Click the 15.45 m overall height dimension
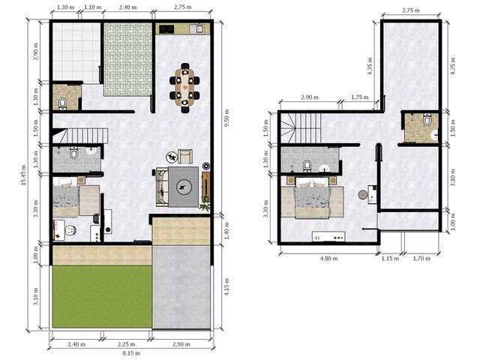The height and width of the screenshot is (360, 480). tap(23, 175)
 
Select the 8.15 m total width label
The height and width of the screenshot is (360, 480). tap(131, 353)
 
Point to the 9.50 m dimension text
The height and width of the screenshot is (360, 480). tap(226, 118)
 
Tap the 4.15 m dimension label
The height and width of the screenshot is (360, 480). tap(226, 286)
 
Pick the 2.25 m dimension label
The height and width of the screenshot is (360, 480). tap(126, 344)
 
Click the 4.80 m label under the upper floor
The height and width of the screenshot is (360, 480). tap(329, 258)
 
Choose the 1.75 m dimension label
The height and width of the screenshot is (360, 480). tap(360, 97)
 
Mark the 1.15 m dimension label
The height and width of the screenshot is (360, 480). tap(390, 258)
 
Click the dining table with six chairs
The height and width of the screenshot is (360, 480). tap(185, 88)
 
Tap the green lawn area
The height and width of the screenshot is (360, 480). tap(102, 296)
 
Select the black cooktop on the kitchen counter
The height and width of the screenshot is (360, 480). tap(166, 29)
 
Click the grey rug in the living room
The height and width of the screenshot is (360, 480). tap(183, 187)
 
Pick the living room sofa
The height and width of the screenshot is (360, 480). tap(162, 187)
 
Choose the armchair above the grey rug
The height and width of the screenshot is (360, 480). tap(185, 156)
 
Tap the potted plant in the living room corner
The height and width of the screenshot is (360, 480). tap(205, 206)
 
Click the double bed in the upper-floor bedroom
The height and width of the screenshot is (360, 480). tap(312, 198)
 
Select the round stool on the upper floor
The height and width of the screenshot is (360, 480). tap(363, 195)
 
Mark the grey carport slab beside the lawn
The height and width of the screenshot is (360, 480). tap(181, 287)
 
